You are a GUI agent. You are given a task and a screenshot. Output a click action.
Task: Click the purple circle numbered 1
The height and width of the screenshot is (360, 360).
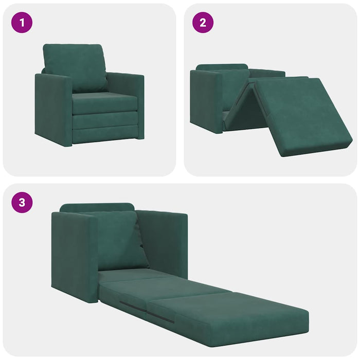pyautogui.click(x=22, y=23)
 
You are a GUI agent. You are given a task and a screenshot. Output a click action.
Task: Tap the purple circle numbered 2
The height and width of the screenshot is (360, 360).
pyautogui.click(x=203, y=23)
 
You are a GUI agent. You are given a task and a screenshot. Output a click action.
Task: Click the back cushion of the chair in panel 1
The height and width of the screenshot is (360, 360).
pyautogui.click(x=76, y=67)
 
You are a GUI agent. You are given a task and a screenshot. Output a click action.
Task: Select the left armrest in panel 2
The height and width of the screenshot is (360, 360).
pyautogui.click(x=206, y=100)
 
